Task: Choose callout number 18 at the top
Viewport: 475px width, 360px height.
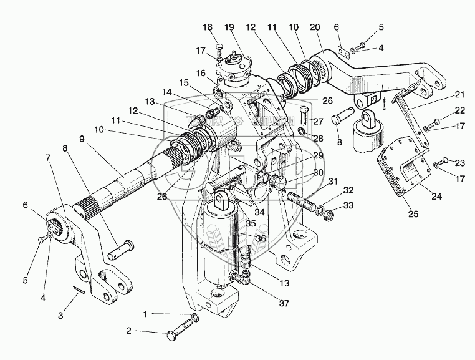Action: tap(208, 27)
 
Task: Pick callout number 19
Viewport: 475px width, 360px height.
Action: tap(229, 27)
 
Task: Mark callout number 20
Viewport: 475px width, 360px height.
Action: tap(315, 27)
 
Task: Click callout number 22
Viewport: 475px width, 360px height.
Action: tap(442, 110)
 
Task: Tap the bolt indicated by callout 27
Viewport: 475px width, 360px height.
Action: tap(302, 114)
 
